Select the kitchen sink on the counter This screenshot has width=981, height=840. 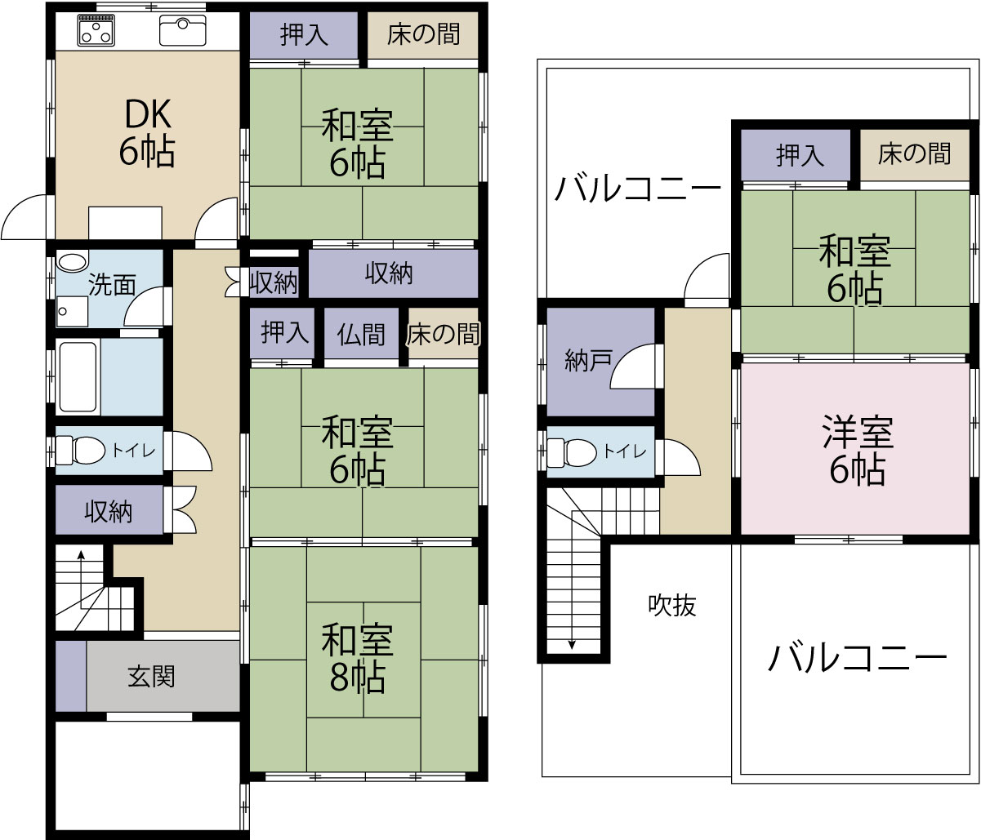coord(183,31)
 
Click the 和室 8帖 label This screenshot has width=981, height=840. coord(358,658)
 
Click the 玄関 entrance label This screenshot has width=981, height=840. coord(152,676)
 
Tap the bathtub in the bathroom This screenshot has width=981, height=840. coord(79,377)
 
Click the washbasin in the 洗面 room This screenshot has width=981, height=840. coord(73,263)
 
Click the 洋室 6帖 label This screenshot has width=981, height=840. coord(858,450)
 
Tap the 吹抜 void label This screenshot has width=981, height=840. coord(672,605)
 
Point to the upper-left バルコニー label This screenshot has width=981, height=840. coord(638,190)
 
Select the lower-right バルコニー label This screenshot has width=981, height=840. coord(857,658)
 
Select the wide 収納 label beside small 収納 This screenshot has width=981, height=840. coord(390,274)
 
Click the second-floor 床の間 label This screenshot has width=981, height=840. coord(915,153)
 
